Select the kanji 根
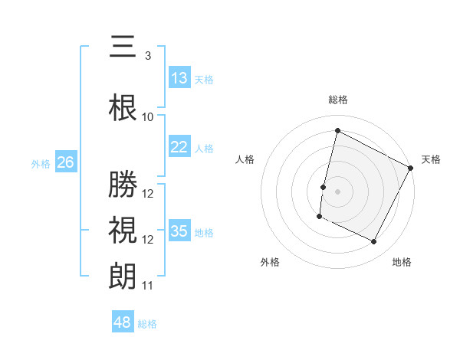(123, 107)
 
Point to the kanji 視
(123, 230)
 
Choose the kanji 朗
(123, 277)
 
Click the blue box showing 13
(179, 78)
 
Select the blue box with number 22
(179, 147)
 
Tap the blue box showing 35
(179, 231)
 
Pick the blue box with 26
(66, 162)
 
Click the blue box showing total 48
(123, 322)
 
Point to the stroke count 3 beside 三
(147, 56)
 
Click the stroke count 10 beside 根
(148, 117)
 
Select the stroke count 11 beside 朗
(148, 286)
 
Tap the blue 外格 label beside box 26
(41, 163)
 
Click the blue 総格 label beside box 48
(148, 324)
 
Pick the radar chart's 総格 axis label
(337, 100)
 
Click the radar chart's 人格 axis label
(245, 159)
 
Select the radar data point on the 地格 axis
(374, 242)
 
